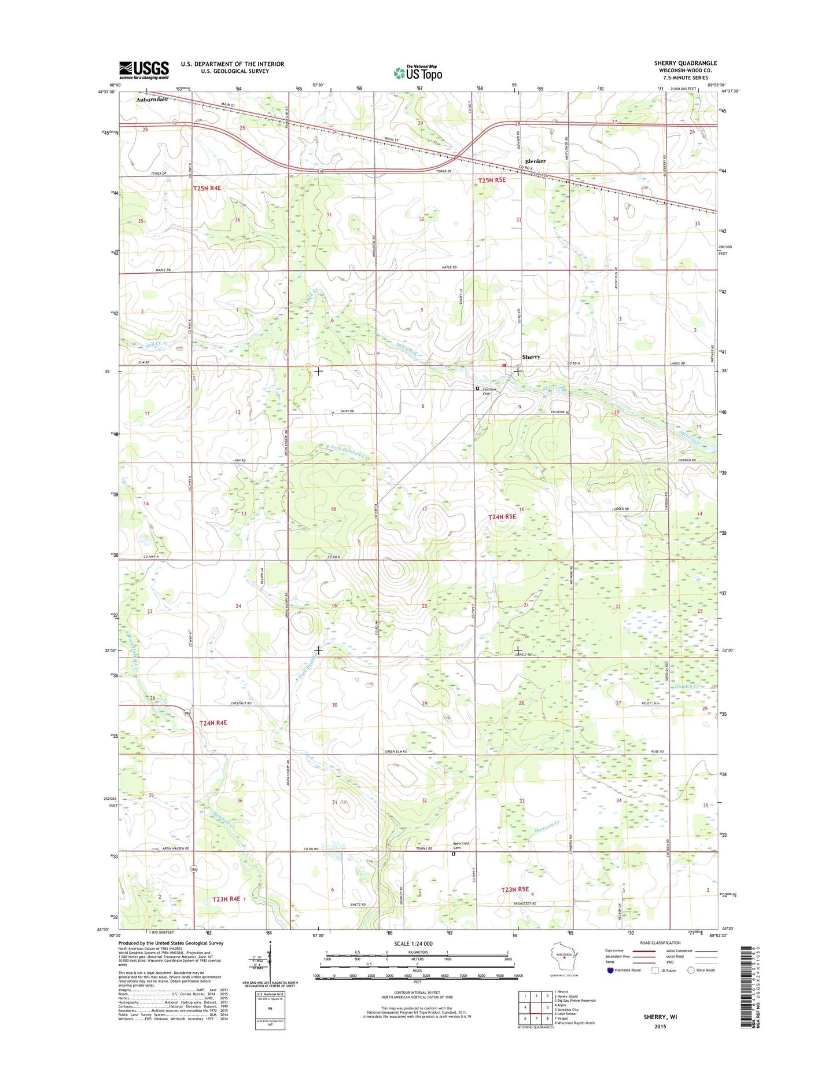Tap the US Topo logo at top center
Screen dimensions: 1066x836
coord(418,73)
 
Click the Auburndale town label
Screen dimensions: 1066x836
coord(152,99)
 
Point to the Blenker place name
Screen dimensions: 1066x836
coord(535,161)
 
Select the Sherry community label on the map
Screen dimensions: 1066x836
coord(531,357)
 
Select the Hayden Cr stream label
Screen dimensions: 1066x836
coord(688,686)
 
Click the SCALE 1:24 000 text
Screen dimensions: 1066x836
coord(413,944)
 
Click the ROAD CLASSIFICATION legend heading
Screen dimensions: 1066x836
coord(661,943)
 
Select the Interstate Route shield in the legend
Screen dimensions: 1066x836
coord(611,971)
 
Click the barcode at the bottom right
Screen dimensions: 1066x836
coord(747,986)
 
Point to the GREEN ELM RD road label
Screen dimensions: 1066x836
coord(396,751)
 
